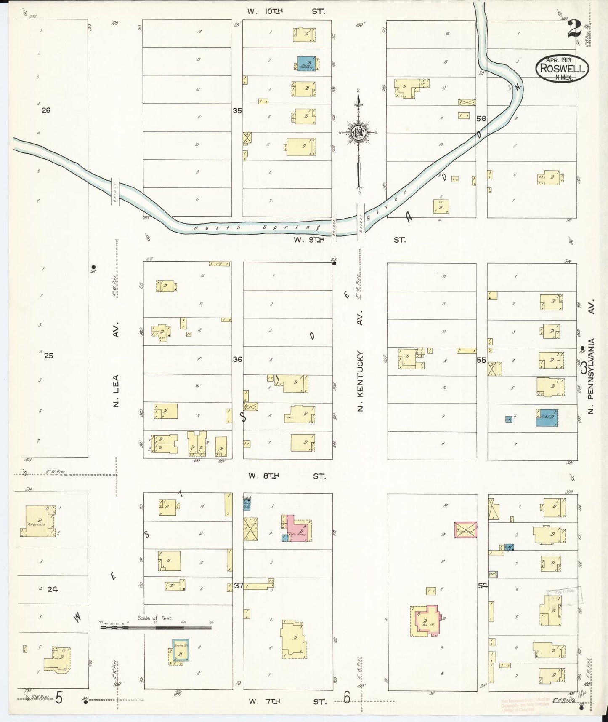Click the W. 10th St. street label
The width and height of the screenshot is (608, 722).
click(286, 11)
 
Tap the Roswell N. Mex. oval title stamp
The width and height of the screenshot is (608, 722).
click(562, 68)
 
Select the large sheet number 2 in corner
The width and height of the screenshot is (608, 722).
click(574, 29)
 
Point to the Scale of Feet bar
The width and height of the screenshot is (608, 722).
click(156, 627)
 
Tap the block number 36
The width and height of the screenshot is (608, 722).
click(237, 359)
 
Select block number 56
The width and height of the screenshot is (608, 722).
click(481, 119)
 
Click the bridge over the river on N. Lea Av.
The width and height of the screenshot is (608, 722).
click(115, 192)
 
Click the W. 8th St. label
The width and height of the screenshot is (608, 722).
click(286, 476)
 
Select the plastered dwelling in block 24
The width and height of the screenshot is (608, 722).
click(37, 521)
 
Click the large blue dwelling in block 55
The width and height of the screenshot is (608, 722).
click(547, 417)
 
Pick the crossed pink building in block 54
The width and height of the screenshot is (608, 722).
click(465, 529)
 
